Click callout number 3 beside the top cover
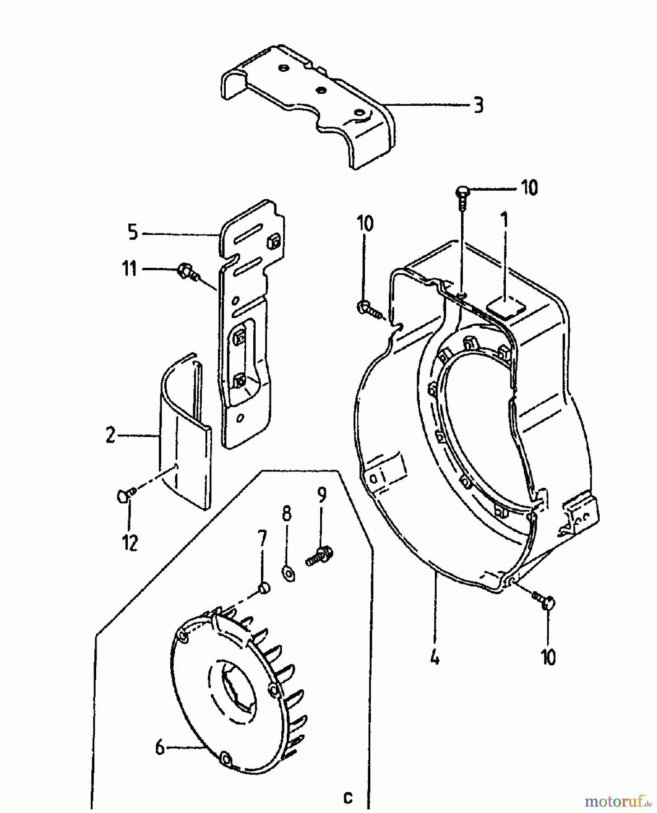click(478, 106)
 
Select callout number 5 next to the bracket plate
click(132, 233)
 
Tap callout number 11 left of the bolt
click(130, 269)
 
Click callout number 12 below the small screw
click(130, 543)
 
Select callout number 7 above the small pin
click(262, 539)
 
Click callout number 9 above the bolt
click(321, 495)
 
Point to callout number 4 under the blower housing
click(434, 658)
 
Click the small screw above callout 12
click(124, 496)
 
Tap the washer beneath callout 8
click(289, 575)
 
